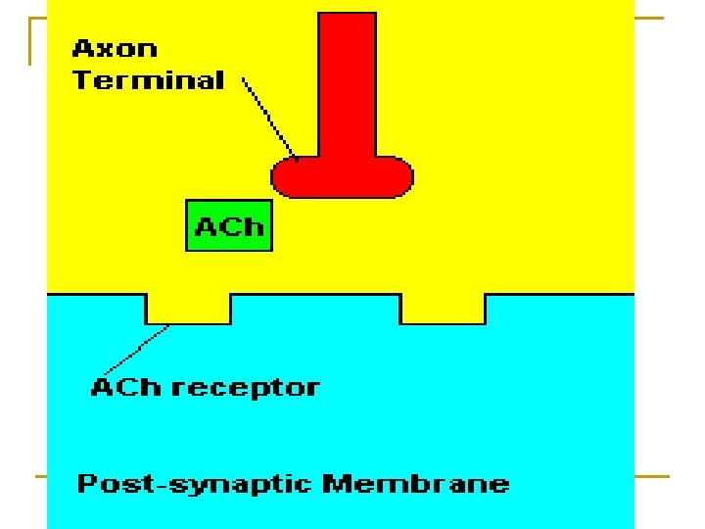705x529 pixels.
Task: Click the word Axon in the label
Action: point(115,48)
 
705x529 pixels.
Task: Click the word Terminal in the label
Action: point(148,80)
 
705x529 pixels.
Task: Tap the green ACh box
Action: point(229,226)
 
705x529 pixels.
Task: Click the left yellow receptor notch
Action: point(188,308)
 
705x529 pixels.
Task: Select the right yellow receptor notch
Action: point(443,308)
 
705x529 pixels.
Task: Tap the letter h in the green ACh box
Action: point(254,227)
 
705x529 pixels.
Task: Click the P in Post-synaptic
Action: point(86,483)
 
